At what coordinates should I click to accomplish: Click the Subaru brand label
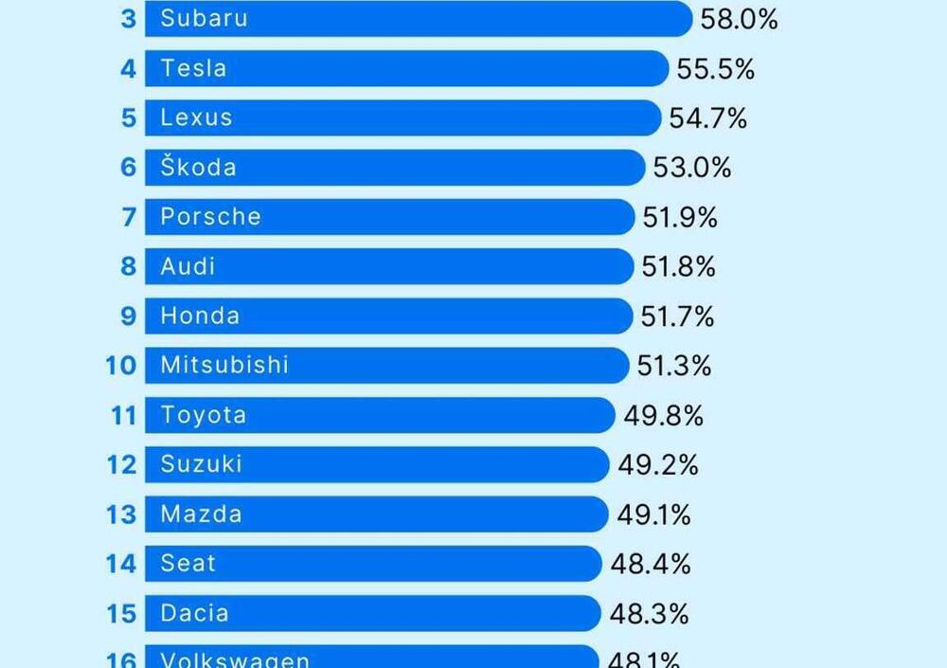204,18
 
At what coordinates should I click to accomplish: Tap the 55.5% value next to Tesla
715,69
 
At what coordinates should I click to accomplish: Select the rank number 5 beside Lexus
129,118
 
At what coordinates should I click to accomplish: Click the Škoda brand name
198,168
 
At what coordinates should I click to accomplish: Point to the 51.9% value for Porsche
680,218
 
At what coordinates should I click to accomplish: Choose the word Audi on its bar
188,266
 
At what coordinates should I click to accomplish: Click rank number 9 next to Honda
129,316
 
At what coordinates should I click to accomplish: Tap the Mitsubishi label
223,365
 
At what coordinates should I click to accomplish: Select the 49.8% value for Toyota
663,415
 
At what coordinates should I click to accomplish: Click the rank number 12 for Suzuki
121,465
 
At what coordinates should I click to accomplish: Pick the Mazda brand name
201,515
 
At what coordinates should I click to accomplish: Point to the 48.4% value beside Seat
651,565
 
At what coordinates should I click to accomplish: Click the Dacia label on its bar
194,613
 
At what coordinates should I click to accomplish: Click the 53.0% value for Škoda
691,169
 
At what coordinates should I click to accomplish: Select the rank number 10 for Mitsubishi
121,366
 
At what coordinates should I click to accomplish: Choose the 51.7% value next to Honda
677,316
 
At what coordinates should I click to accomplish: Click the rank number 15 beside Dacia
121,614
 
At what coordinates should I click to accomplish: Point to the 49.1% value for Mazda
653,515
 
